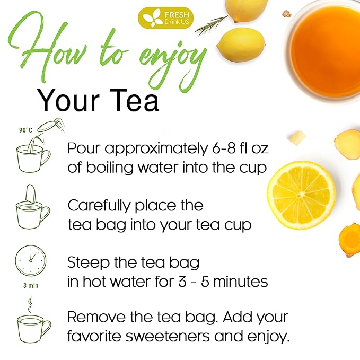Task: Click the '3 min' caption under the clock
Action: coord(29,285)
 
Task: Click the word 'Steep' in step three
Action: coord(88,263)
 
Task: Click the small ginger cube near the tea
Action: coord(298,138)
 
